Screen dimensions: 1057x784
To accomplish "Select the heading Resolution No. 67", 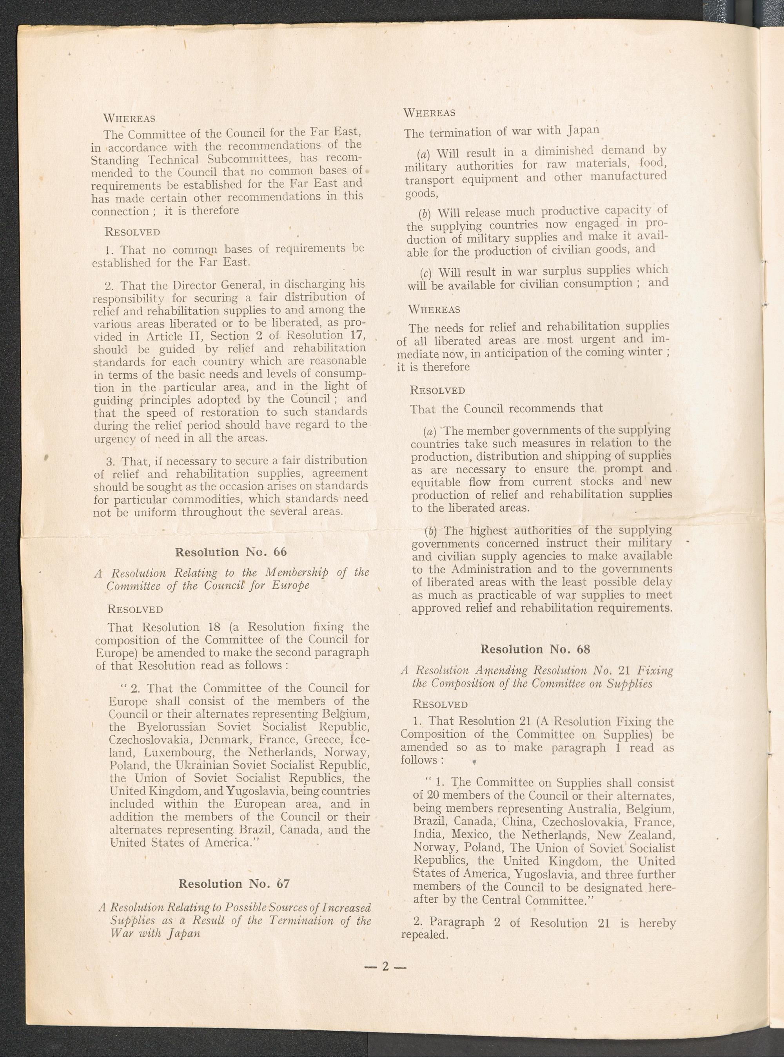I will (234, 883).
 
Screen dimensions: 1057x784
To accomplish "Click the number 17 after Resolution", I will (358, 336).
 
